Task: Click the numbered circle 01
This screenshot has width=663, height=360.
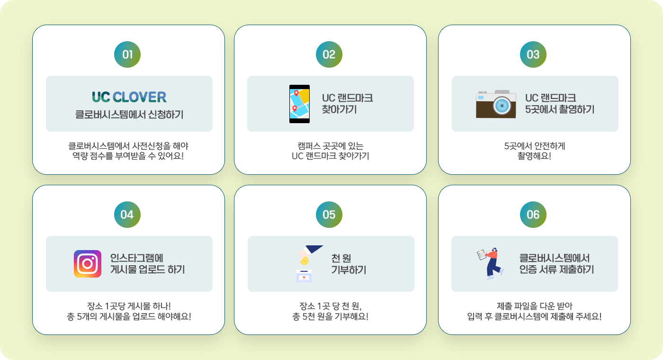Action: (127, 54)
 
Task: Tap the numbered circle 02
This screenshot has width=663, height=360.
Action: (329, 54)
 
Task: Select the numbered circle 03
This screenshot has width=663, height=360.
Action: (533, 54)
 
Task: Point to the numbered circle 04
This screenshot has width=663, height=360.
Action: (127, 215)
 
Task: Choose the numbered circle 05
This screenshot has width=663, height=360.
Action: (329, 215)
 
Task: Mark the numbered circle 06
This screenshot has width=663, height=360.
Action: (533, 215)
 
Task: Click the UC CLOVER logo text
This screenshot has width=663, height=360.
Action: (129, 97)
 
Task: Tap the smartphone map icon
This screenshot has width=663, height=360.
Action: (299, 104)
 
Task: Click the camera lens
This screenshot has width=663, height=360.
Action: (502, 106)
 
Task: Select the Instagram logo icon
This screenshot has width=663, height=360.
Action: (88, 264)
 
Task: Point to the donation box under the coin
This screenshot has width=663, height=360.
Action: (304, 276)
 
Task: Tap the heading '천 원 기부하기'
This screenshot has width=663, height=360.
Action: (349, 264)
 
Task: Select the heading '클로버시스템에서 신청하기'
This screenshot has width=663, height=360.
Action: (129, 115)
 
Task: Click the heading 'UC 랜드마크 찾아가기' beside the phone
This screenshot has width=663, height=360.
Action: (348, 104)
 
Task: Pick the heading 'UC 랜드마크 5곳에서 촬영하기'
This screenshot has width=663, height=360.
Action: (560, 104)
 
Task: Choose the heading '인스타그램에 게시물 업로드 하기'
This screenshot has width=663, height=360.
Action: (147, 264)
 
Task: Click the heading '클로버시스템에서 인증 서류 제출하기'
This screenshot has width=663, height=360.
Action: (557, 264)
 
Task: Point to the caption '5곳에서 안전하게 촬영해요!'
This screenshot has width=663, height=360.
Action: (534, 151)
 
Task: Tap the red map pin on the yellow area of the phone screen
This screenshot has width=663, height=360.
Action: (297, 93)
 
